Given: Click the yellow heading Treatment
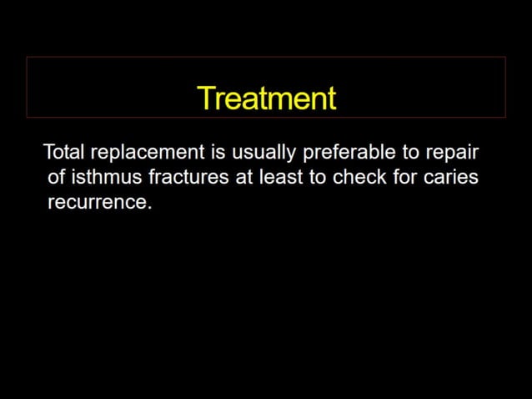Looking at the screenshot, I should pos(267,98).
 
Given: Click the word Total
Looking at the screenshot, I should pos(64,153).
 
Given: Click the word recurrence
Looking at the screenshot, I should pos(97,203).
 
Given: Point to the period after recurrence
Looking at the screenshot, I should pos(149,208).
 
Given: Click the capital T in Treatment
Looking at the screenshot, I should pos(206,98).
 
